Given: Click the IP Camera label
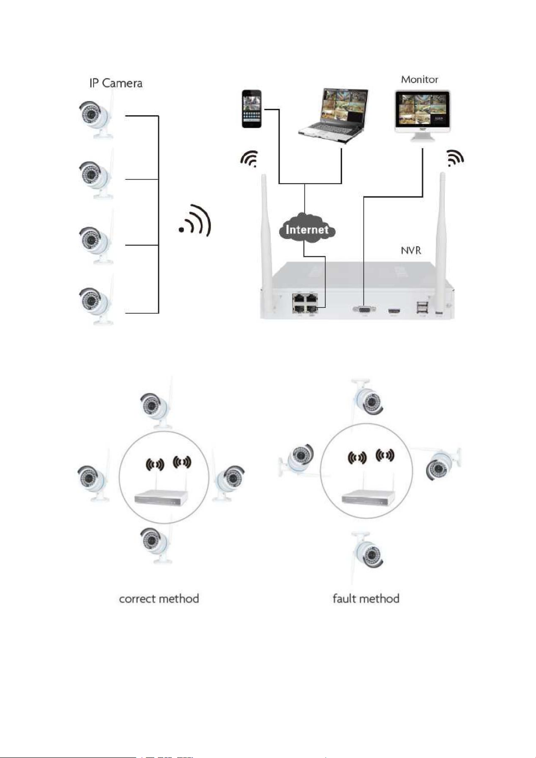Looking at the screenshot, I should coord(116,83).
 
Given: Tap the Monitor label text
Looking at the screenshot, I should coord(419,79).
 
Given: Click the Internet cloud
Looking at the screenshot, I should coord(307,229).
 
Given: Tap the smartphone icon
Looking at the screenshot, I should coord(252,109).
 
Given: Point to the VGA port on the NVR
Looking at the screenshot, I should coord(363,309).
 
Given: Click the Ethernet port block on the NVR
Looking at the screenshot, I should coord(305,303).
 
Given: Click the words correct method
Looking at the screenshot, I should coord(159,599).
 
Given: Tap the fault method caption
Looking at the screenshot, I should coord(366,599).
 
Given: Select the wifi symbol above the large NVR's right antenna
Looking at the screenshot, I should coord(455,158).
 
